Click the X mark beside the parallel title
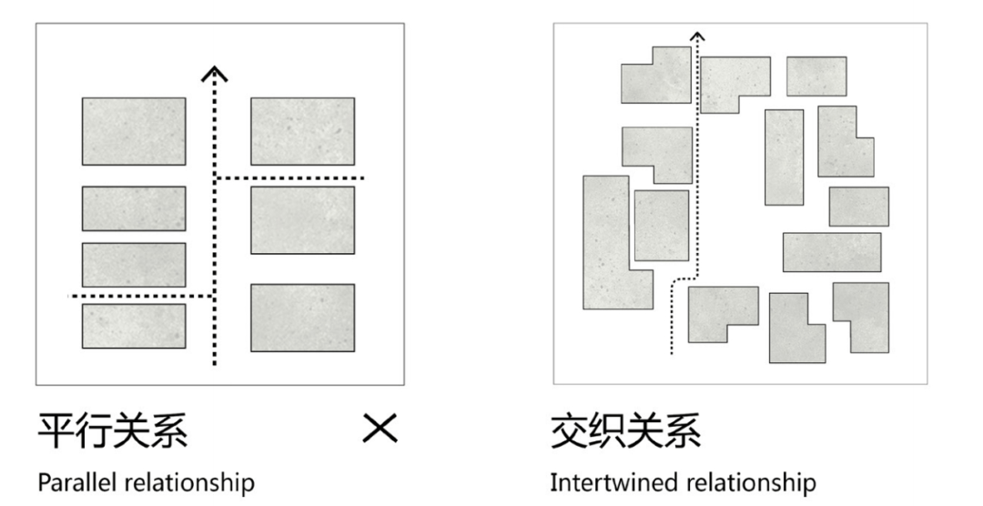coord(380,429)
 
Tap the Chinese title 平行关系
coord(113,430)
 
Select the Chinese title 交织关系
coord(625,430)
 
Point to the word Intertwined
coord(604,481)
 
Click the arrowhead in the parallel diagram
coord(214,73)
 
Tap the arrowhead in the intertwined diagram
coord(697,36)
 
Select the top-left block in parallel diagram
coord(134,131)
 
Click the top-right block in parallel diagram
coord(302,131)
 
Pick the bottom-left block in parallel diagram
coord(134,326)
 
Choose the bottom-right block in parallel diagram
coord(302,318)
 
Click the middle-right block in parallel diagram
coord(302,219)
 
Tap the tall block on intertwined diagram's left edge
coord(606,241)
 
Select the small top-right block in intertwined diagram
coord(816,76)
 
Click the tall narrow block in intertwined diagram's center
coord(784,157)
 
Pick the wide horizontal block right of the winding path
coord(831,252)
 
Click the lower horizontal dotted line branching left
coord(140,297)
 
